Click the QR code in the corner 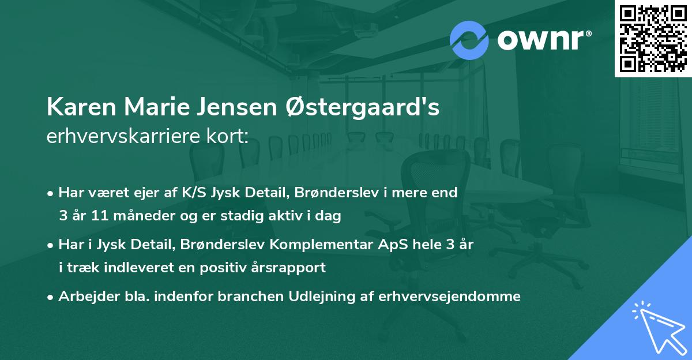click(653, 38)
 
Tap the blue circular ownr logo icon click(469, 40)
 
